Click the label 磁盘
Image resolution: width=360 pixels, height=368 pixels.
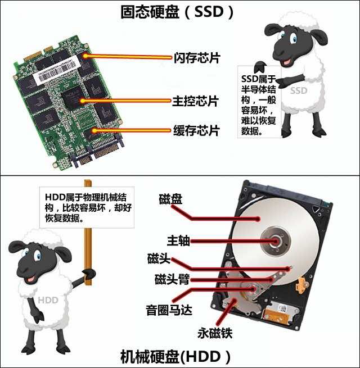click(x=170, y=199)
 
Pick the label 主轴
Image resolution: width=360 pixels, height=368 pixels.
click(x=178, y=241)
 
